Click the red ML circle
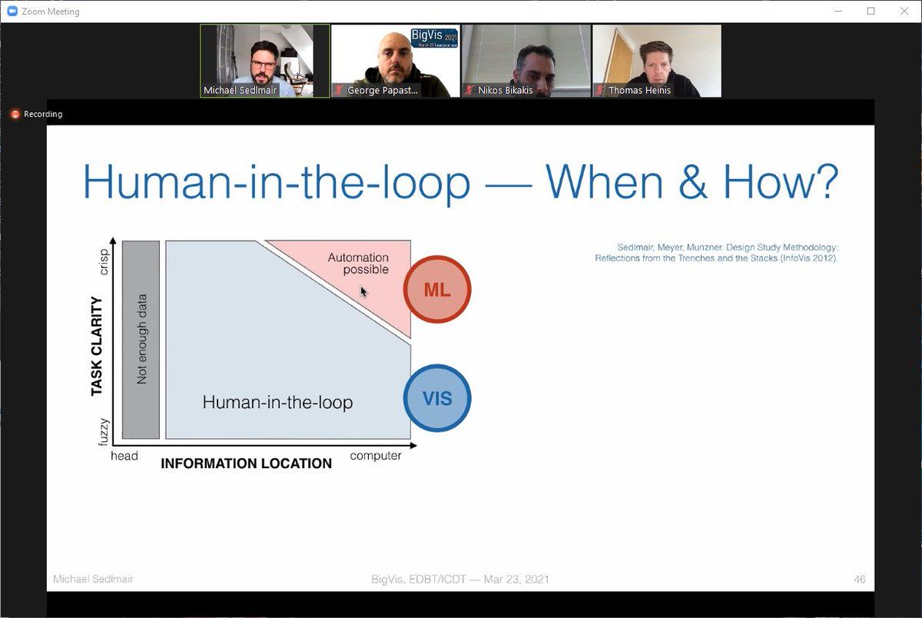(x=437, y=290)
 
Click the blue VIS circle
(x=437, y=398)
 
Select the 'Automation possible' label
(x=358, y=263)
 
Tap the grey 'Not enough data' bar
(x=141, y=340)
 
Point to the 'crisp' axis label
(x=104, y=262)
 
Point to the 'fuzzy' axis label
(x=104, y=432)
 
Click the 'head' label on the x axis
(x=124, y=456)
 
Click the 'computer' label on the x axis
(x=376, y=456)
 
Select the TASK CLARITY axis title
(x=96, y=346)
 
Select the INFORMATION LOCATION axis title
(x=246, y=463)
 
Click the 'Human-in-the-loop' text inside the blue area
(x=277, y=402)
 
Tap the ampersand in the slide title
(x=693, y=182)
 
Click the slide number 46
(x=860, y=580)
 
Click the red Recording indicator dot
(x=15, y=114)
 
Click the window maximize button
(x=871, y=11)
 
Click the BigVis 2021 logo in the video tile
(x=434, y=38)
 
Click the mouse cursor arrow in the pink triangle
(x=363, y=292)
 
